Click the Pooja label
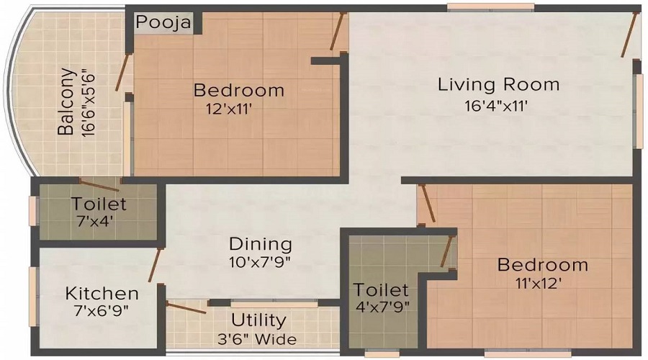click(x=163, y=22)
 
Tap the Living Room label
click(x=498, y=84)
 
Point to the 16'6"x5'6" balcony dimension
click(x=89, y=102)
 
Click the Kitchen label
click(x=102, y=293)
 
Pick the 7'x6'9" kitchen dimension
click(x=102, y=312)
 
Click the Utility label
click(x=258, y=320)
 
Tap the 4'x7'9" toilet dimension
click(x=381, y=309)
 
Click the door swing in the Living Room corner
click(x=629, y=35)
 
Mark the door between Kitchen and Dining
click(x=153, y=266)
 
